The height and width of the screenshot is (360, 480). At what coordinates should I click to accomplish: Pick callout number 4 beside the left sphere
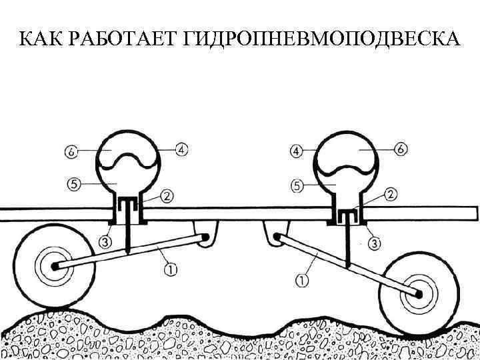tap(181, 149)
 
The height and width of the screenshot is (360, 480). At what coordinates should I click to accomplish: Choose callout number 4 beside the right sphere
tap(297, 151)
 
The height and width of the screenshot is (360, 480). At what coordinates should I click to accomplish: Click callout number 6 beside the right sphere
tap(401, 150)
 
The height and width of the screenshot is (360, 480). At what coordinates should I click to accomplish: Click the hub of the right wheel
tap(419, 292)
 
